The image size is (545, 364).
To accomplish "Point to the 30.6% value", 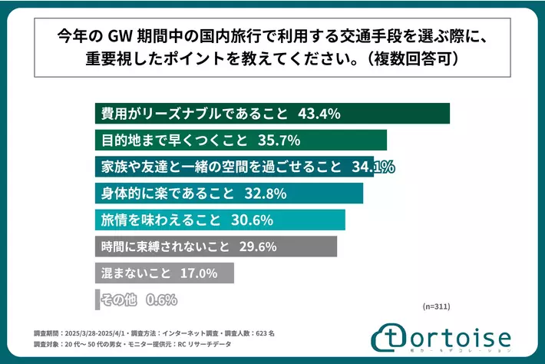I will (x=253, y=220).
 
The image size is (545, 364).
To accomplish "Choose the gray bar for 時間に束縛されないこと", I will (x=216, y=247).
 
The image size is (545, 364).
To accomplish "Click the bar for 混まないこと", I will (x=164, y=273).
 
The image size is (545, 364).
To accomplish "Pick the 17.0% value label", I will (x=199, y=273).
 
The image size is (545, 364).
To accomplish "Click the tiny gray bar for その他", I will (x=97, y=299).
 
